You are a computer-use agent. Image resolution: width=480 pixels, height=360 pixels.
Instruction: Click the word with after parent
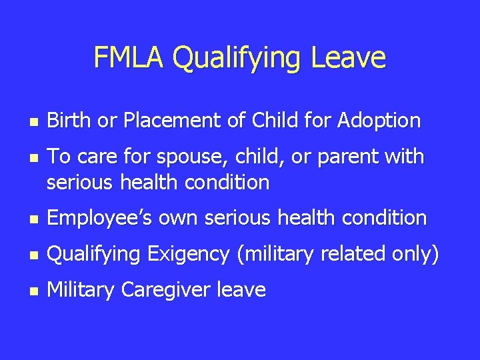point(401,157)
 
